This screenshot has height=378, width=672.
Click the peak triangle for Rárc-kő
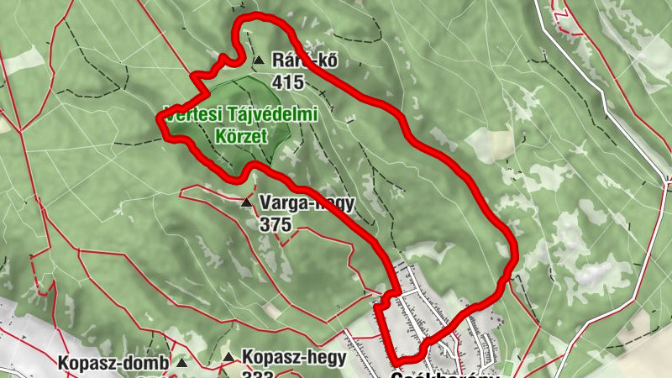tap(259, 60)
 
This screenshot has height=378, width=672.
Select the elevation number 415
tap(287, 81)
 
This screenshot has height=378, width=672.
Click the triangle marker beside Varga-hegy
tap(246, 203)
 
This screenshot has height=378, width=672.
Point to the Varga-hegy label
tap(307, 203)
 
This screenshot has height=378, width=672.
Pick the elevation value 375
tap(276, 224)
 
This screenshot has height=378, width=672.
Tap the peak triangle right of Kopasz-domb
tap(181, 363)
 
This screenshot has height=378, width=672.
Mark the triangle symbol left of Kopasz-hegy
tap(228, 359)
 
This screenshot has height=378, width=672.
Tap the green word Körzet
tap(240, 135)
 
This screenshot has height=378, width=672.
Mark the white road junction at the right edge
tap(668, 179)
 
